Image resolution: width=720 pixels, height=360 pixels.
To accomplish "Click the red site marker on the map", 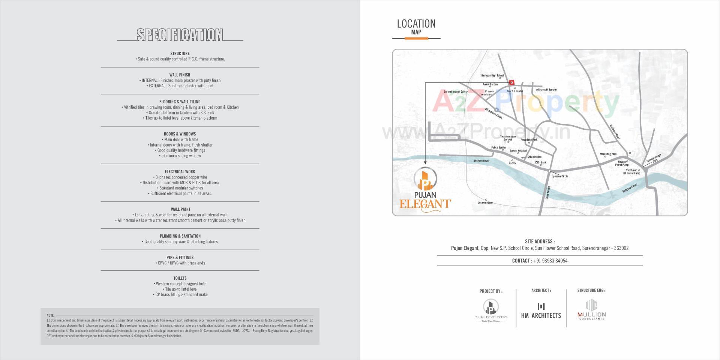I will tap(511, 82).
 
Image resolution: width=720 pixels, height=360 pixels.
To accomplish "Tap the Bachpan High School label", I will tap(492, 76).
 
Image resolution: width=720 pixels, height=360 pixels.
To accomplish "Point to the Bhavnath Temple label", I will tap(547, 90).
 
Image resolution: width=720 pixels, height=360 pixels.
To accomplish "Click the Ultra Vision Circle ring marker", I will tap(496, 110).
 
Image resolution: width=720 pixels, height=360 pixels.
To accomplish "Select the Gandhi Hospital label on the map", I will tap(518, 151).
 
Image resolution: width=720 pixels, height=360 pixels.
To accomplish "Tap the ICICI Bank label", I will tap(540, 162).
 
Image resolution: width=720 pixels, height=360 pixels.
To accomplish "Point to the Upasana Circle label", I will tap(559, 176).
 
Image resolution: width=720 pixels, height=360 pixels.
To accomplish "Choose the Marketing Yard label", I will tap(608, 154).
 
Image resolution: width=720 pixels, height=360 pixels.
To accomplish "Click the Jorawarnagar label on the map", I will tap(485, 202).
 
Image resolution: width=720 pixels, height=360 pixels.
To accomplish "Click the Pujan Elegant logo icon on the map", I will tap(425, 180).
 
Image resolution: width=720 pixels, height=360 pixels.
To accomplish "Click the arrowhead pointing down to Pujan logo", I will tap(425, 163).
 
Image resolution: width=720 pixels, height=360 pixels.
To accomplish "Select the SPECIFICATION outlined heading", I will tap(180, 35).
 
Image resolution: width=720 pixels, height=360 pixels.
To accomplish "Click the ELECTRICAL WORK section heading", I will tap(180, 172).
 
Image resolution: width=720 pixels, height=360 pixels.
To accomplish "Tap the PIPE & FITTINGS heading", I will tap(180, 258).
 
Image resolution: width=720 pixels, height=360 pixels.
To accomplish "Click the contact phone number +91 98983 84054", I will tap(550, 261).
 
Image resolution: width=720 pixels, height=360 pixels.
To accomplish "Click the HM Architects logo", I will tap(541, 311).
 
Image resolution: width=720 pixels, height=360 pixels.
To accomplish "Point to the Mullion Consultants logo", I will tap(591, 310).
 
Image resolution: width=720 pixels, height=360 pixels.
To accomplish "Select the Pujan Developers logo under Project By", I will tap(490, 310).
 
